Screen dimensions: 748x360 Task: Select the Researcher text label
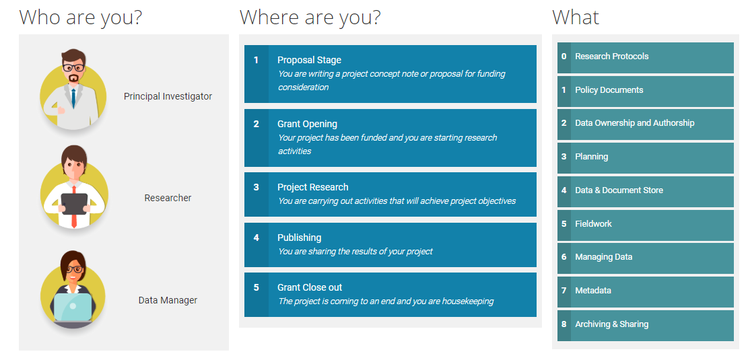[168, 198]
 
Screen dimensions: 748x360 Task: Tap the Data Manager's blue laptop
[73, 308]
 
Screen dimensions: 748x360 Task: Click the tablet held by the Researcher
[74, 204]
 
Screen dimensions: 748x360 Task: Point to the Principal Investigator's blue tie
[73, 98]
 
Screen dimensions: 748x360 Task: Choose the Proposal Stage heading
[309, 60]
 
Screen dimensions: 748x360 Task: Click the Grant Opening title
[307, 124]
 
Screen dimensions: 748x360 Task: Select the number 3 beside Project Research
[256, 187]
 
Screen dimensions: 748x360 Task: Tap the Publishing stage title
[299, 238]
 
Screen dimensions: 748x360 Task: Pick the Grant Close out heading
[310, 287]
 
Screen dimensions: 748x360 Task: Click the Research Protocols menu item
[611, 57]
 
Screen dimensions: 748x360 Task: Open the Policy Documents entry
[609, 90]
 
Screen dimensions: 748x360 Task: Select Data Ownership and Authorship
[634, 123]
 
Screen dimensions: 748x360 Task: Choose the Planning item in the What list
[592, 157]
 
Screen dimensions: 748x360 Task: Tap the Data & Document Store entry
[619, 190]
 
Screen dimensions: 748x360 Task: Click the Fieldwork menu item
[593, 223]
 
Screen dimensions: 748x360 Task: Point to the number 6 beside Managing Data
[564, 257]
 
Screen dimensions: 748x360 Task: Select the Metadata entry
[593, 291]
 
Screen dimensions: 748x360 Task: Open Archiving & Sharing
[611, 324]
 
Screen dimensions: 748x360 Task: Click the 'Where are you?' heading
[310, 17]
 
